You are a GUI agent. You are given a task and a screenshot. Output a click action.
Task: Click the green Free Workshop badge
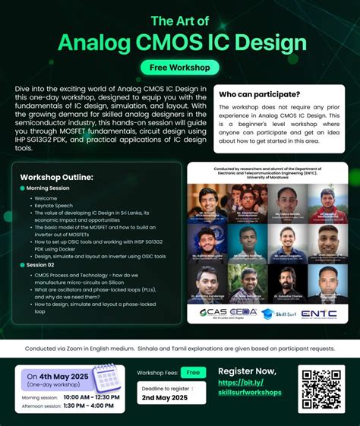179,67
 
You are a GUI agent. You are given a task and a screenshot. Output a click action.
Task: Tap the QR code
322,389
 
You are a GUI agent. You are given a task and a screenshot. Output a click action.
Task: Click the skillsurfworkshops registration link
249,387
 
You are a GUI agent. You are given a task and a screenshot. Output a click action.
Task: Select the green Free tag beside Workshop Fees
194,373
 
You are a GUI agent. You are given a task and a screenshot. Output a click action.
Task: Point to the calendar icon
106,377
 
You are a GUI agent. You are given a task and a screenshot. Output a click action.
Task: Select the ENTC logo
319,312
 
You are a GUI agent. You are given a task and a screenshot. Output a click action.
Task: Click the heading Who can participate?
259,94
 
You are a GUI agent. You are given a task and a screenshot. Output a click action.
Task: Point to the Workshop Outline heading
57,177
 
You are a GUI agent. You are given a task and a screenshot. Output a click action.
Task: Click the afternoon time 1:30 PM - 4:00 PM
87,405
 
